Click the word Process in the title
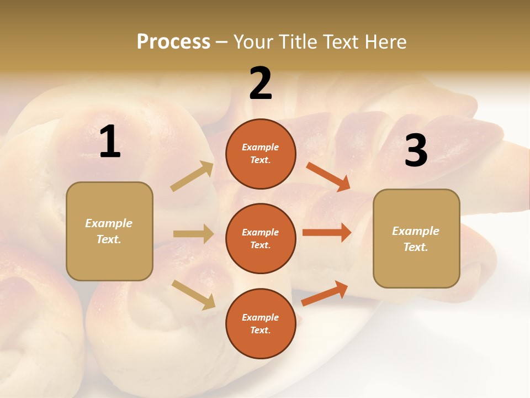click(173, 41)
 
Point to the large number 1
click(110, 142)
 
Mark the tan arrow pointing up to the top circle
click(192, 176)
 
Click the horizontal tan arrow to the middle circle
click(193, 234)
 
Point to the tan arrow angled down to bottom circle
click(193, 294)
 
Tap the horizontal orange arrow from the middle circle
click(327, 233)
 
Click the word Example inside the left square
click(109, 223)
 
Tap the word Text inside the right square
click(415, 247)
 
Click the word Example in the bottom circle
click(260, 317)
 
